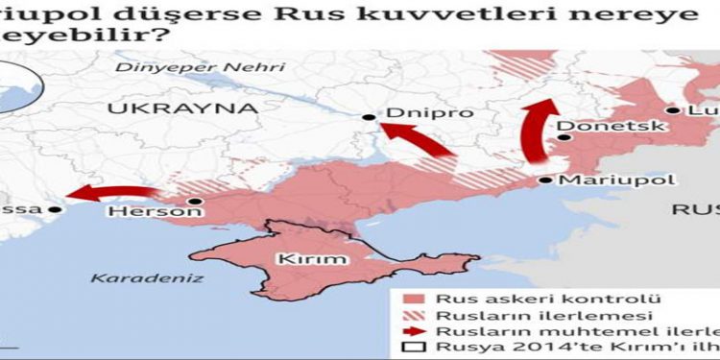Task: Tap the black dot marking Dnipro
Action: [x=370, y=117]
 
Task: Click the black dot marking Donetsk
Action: [x=566, y=138]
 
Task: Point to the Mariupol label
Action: [x=603, y=180]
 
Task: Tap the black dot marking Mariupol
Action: [x=545, y=180]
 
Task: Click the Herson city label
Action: [x=142, y=211]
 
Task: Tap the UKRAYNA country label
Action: [x=182, y=108]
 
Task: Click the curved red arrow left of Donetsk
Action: [x=534, y=134]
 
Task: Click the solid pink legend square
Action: [x=413, y=298]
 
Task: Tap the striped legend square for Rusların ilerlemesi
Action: [x=413, y=315]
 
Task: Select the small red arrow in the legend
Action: [x=413, y=331]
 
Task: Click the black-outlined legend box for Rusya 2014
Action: [x=413, y=348]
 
